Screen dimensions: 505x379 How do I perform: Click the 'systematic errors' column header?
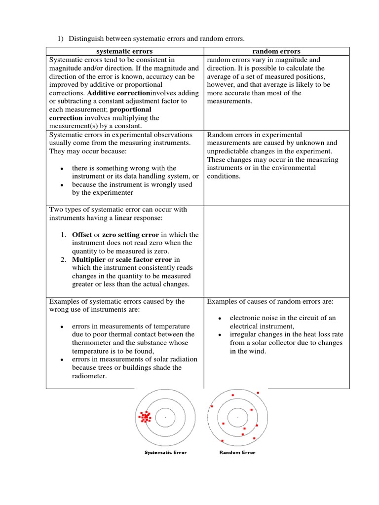pos(124,51)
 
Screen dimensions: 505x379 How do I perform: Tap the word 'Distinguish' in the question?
pos(86,38)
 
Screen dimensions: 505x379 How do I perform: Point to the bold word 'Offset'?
pos(82,235)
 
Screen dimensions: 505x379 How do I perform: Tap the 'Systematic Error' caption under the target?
pos(165,453)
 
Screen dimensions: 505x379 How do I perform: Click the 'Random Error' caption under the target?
pos(237,453)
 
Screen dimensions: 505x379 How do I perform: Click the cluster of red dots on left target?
pos(145,418)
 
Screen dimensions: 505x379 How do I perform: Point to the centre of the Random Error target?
pos(238,417)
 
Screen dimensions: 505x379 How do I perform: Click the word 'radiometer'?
pos(90,376)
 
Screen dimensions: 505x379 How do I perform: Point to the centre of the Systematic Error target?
pos(165,418)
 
